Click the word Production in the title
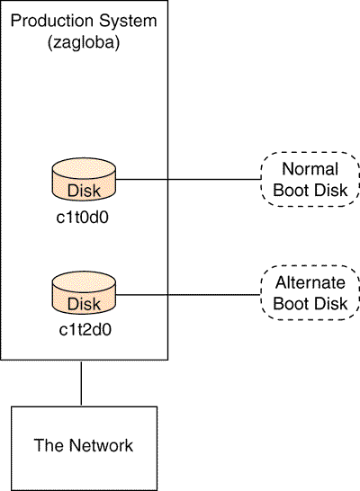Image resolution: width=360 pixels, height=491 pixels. pos(52,21)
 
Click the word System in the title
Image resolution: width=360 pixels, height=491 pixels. pos(128,21)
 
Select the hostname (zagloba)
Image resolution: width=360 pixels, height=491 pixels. pos(84,42)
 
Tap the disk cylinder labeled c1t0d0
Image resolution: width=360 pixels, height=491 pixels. pos(84,180)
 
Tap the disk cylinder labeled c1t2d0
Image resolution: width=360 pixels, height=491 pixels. pos(84,293)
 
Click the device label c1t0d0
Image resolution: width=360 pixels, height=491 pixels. pos(83,218)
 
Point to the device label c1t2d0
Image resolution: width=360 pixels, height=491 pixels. pos(85,330)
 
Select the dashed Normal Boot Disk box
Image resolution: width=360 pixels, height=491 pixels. pos(310,180)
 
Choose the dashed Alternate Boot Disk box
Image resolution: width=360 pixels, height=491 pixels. pos(310,293)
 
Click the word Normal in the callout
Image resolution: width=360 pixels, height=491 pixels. pos(310,169)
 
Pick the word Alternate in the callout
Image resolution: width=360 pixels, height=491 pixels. pos(310,282)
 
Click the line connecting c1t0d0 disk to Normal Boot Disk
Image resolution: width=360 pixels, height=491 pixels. pos(188,180)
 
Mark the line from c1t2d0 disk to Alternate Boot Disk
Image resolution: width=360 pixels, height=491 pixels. pos(188,295)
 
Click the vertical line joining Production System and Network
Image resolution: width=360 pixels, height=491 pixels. pos(81,383)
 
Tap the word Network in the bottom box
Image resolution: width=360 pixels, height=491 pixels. pos(101,445)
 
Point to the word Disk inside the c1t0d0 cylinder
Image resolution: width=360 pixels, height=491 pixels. pos(84,191)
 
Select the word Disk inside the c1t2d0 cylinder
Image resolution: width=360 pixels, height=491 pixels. pos(84,304)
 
